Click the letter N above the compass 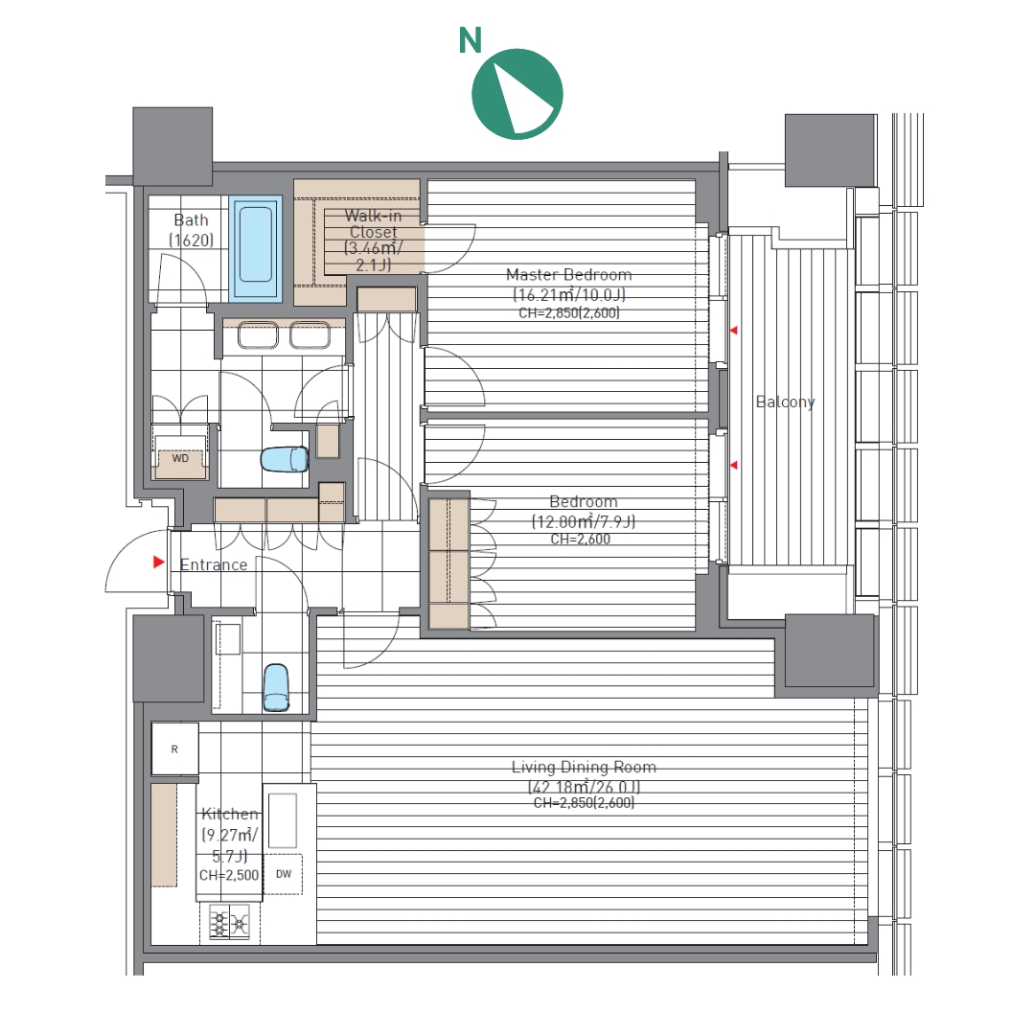point(470,40)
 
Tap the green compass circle point(517,94)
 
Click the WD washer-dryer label point(180,458)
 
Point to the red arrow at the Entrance point(158,563)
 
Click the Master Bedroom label point(569,275)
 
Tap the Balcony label point(786,402)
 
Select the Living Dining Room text point(585,767)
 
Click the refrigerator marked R point(174,749)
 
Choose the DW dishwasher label point(284,874)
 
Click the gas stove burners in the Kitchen point(229,923)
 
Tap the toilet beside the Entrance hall point(276,687)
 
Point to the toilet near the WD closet point(285,459)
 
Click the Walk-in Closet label point(373,223)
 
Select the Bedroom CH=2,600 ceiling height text point(580,540)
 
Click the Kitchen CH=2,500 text point(229,875)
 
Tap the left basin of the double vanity point(258,334)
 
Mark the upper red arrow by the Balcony point(733,330)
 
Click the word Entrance point(214,565)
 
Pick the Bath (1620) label point(192,230)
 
